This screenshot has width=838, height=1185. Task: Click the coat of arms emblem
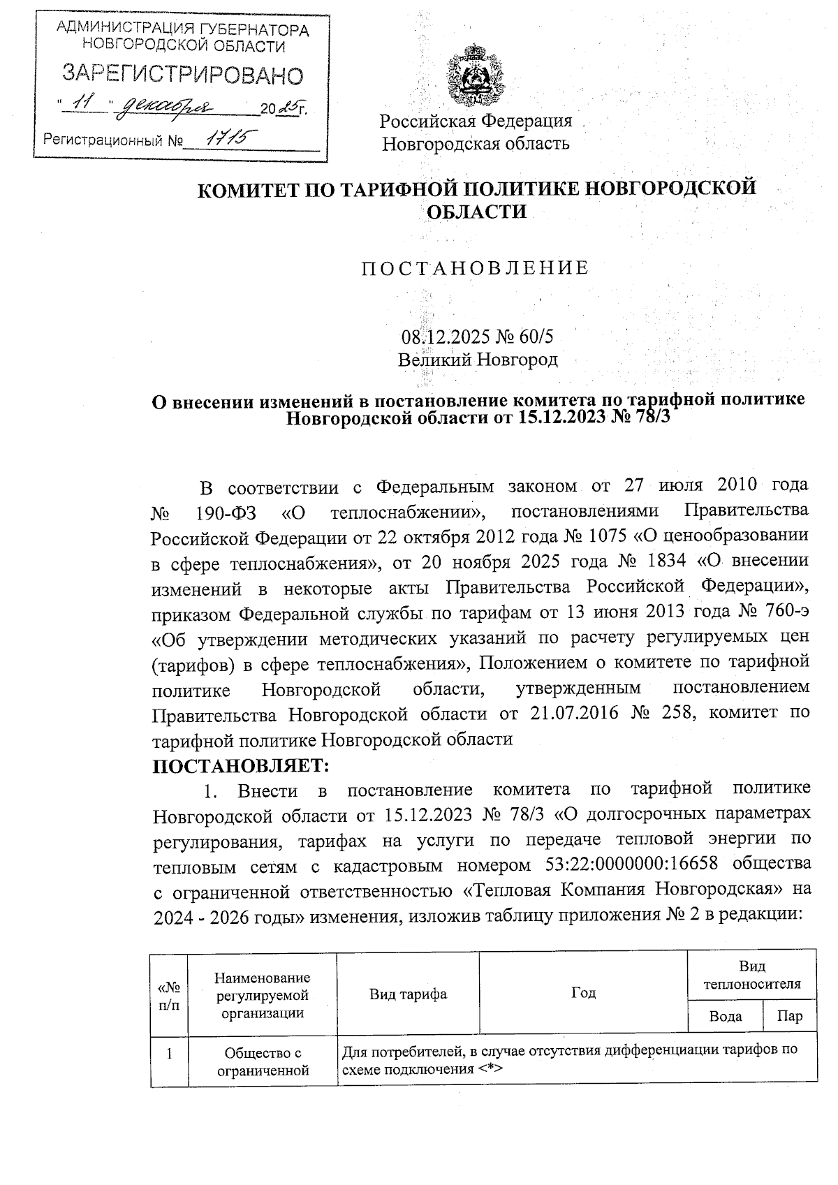pos(476,75)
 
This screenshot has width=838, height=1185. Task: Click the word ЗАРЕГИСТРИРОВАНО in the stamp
pos(184,74)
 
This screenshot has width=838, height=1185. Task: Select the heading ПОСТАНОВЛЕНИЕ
pos(475,267)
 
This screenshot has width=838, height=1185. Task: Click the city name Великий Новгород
pos(478,360)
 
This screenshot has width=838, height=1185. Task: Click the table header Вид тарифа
pos(408,993)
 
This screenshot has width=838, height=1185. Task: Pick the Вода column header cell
pos(725,1016)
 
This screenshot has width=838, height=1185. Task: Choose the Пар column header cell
pos(790,1016)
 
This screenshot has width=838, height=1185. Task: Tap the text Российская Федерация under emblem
pos(476,121)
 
